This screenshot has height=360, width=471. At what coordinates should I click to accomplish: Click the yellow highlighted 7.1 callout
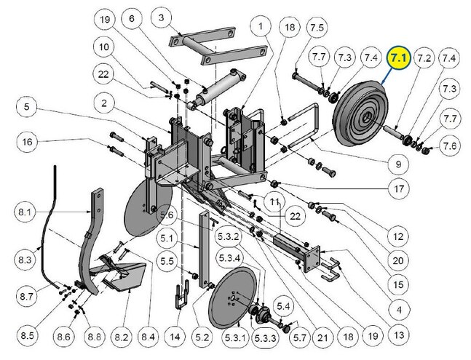point(398,58)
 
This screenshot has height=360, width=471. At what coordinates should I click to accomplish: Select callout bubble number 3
point(162,17)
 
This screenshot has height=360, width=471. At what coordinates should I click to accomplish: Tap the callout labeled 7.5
point(317,28)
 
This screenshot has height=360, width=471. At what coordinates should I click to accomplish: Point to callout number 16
point(27,142)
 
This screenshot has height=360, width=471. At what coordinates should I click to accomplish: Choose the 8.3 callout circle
point(25,259)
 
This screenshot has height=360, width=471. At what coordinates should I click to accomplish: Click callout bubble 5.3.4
point(229,258)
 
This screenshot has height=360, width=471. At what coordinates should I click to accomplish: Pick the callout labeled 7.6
point(450,145)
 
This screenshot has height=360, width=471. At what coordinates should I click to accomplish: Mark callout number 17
point(399,188)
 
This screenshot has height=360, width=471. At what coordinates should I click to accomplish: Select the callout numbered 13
point(399,335)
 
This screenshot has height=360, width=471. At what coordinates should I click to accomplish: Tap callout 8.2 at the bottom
point(122,337)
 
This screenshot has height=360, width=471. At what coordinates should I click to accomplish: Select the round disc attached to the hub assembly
point(234,298)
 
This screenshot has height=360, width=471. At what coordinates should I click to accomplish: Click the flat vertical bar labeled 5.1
point(204,249)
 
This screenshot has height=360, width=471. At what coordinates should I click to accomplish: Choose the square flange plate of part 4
point(312,259)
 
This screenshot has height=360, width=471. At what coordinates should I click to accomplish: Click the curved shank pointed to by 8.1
point(92,240)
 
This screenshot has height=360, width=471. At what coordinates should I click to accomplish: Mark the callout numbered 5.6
point(167,215)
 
